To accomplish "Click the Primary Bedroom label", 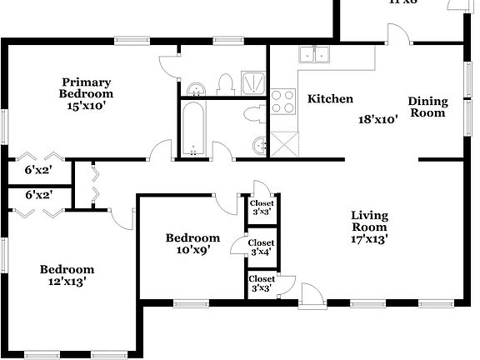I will pyautogui.click(x=85, y=87).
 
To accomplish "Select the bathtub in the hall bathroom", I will pyautogui.click(x=193, y=129).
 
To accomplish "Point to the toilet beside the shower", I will pyautogui.click(x=225, y=83).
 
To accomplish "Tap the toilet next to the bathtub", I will pyautogui.click(x=253, y=114).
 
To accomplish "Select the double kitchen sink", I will pyautogui.click(x=315, y=55).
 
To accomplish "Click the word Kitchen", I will pyautogui.click(x=331, y=99).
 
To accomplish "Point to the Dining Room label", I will pyautogui.click(x=427, y=107).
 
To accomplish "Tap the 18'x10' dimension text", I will pyautogui.click(x=377, y=118).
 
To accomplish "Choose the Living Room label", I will pyautogui.click(x=368, y=221).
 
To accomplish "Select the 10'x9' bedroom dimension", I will pyautogui.click(x=192, y=249).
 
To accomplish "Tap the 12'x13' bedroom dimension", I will pyautogui.click(x=66, y=282).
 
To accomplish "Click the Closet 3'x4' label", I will pyautogui.click(x=262, y=247).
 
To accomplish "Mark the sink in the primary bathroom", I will pyautogui.click(x=197, y=89).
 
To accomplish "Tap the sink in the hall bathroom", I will pyautogui.click(x=260, y=146).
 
